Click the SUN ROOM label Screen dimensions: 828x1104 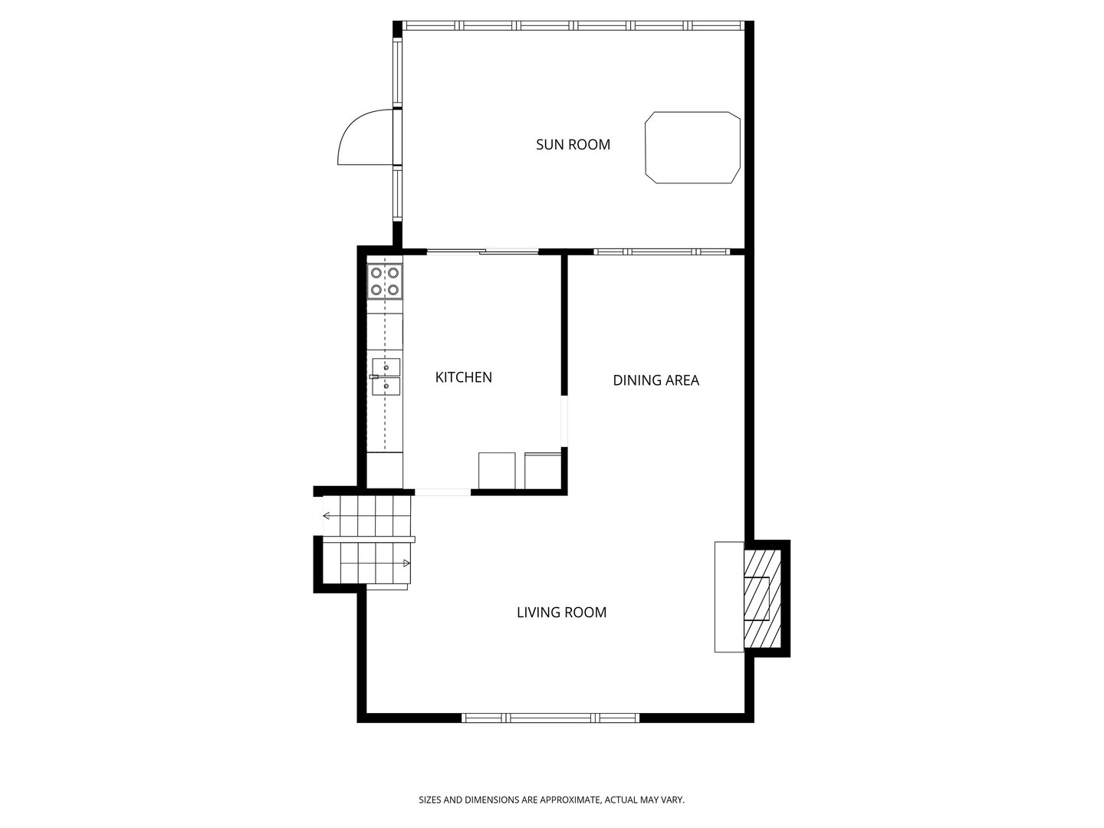pyautogui.click(x=573, y=144)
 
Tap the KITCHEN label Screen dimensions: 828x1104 pyautogui.click(x=463, y=377)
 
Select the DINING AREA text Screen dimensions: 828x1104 pyautogui.click(x=655, y=380)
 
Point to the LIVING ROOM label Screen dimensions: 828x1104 pyautogui.click(x=561, y=613)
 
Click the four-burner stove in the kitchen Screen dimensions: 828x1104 pyautogui.click(x=385, y=281)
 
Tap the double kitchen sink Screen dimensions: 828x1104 pyautogui.click(x=386, y=376)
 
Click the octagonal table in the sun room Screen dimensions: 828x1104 pyautogui.click(x=692, y=148)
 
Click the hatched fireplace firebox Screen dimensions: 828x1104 pyautogui.click(x=761, y=598)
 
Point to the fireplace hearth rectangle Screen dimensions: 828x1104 pyautogui.click(x=728, y=597)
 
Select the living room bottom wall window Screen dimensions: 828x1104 pyautogui.click(x=550, y=718)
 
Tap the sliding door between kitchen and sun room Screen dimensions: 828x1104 pyautogui.click(x=483, y=251)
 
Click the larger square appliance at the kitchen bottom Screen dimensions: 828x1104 pyautogui.click(x=498, y=471)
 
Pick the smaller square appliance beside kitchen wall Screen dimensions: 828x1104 pyautogui.click(x=543, y=471)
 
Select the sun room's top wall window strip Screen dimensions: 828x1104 pyautogui.click(x=573, y=25)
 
